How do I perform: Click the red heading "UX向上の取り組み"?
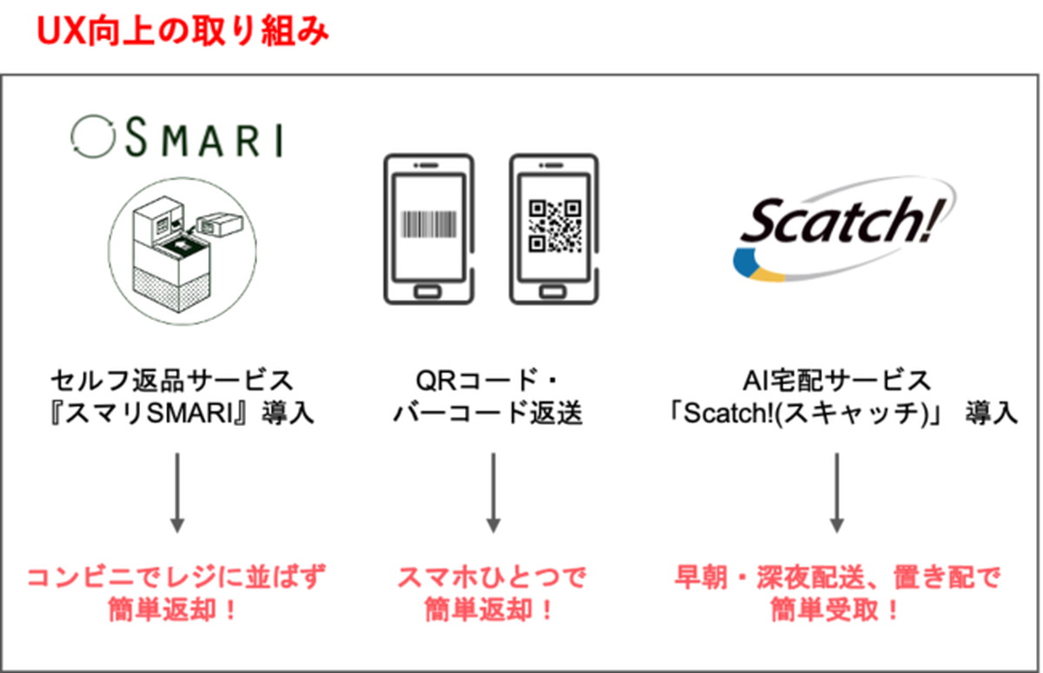pyautogui.click(x=183, y=31)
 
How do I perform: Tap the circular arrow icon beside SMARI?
pyautogui.click(x=93, y=137)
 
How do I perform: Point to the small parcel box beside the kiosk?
pyautogui.click(x=220, y=224)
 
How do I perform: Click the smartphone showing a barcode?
pyautogui.click(x=428, y=230)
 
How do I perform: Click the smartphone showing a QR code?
pyautogui.click(x=555, y=230)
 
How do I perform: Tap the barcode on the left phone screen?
pyautogui.click(x=428, y=224)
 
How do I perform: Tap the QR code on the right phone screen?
pyautogui.click(x=555, y=226)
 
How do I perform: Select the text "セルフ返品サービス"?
pyautogui.click(x=172, y=381)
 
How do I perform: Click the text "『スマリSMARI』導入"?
pyautogui.click(x=182, y=413)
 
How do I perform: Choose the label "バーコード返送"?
pyautogui.click(x=488, y=413)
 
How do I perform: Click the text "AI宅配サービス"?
pyautogui.click(x=837, y=381)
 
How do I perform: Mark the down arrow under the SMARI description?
pyautogui.click(x=177, y=493)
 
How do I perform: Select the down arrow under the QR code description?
pyautogui.click(x=493, y=493)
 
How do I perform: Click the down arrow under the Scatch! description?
pyautogui.click(x=837, y=493)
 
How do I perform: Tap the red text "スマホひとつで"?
pyautogui.click(x=491, y=577)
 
